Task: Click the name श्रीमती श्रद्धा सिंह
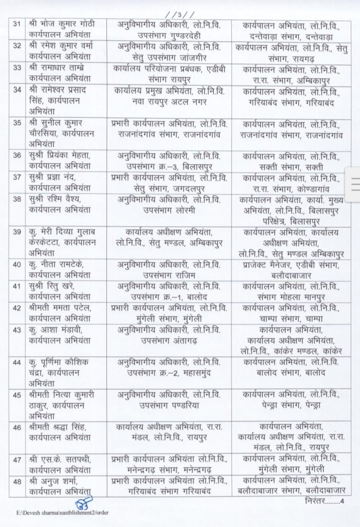[60, 425]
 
